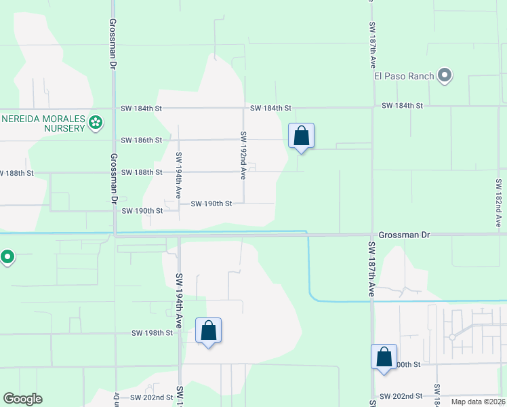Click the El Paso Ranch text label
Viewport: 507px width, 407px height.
404,76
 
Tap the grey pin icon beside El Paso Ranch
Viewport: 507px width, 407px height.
444,75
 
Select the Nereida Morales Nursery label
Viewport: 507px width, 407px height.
43,123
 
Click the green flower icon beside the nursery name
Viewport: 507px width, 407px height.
96,123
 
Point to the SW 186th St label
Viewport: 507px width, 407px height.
142,140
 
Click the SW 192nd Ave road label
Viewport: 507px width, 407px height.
243,155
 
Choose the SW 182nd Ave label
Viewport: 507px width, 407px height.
498,203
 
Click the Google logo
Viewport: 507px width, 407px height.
22,399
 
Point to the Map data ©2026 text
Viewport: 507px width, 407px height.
479,402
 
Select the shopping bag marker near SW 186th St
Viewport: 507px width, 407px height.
301,136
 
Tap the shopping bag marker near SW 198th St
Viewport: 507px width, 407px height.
209,331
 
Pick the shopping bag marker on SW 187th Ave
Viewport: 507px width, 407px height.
384,357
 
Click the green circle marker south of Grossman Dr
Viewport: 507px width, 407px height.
7,257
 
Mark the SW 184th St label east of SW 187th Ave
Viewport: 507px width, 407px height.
402,106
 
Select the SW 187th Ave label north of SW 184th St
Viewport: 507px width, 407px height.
372,45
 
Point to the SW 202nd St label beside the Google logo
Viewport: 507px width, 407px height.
151,398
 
